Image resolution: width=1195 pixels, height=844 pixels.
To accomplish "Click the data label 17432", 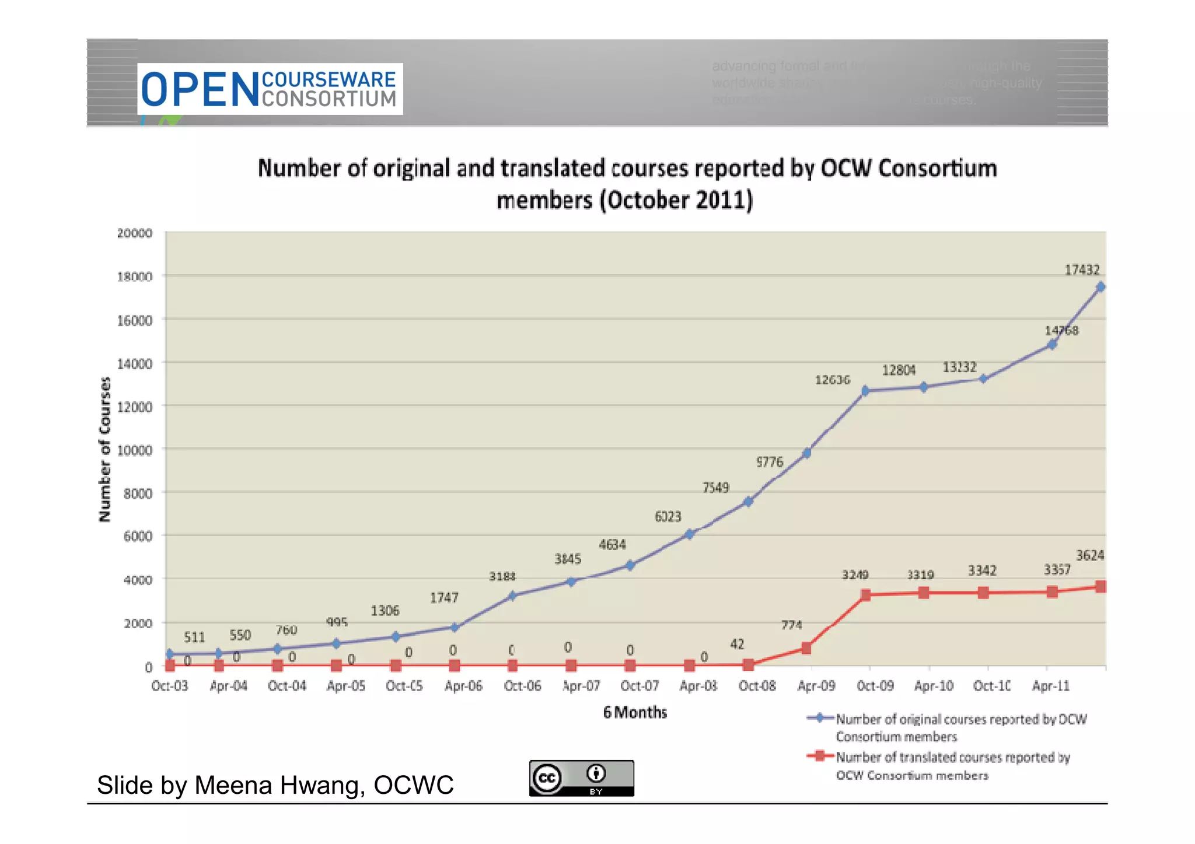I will point(1082,270).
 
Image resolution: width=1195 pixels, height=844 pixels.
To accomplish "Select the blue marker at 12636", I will point(865,390).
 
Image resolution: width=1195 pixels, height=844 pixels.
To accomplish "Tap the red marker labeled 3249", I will point(865,595).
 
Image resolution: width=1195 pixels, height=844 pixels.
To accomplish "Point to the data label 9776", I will point(770,462).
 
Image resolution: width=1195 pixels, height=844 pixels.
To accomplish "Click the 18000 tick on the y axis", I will point(134,276).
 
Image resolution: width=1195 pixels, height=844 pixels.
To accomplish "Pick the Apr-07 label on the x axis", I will point(581,686).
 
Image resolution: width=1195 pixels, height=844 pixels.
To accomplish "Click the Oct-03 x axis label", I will point(169,686).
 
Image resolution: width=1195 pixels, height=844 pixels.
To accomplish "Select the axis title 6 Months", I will point(635,712).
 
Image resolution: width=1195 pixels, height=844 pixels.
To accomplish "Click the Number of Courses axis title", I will point(104,449).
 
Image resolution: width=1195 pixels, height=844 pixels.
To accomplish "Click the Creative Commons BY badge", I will point(581,778).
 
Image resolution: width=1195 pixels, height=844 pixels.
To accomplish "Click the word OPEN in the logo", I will point(200,90).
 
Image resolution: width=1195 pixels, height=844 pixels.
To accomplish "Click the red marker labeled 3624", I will point(1100,586).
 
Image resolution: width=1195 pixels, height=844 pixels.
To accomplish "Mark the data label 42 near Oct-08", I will point(737,644).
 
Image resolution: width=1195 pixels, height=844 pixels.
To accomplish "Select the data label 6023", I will point(668,517).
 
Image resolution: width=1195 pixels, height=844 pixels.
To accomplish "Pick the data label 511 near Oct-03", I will point(194,637).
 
